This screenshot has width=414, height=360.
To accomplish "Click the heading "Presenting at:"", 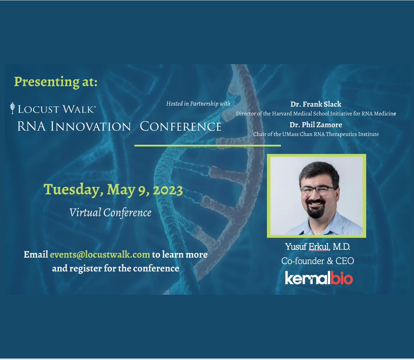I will [x=56, y=82].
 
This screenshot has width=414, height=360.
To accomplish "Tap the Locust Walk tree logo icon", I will [x=13, y=108].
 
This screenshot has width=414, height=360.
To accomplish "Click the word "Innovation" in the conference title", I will [x=91, y=126].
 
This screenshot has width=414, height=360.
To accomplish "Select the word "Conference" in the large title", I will [x=180, y=126].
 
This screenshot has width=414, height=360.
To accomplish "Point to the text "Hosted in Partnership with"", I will [x=198, y=104].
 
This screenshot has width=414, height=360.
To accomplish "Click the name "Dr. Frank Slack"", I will [x=316, y=104].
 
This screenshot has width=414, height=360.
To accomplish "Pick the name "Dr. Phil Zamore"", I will [x=316, y=125].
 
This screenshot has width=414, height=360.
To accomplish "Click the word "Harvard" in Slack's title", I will [x=284, y=114].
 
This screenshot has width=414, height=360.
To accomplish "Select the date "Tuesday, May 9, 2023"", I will [x=113, y=190].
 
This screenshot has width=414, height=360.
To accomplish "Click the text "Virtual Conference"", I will [x=110, y=212].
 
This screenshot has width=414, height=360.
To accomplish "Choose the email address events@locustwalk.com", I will [x=100, y=255].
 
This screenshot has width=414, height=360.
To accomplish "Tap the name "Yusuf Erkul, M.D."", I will [x=317, y=247].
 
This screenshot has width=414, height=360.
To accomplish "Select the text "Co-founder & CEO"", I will [x=317, y=261].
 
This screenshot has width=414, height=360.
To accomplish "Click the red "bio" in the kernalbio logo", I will [x=342, y=278].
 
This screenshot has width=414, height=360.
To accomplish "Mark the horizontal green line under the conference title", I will [x=207, y=146].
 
